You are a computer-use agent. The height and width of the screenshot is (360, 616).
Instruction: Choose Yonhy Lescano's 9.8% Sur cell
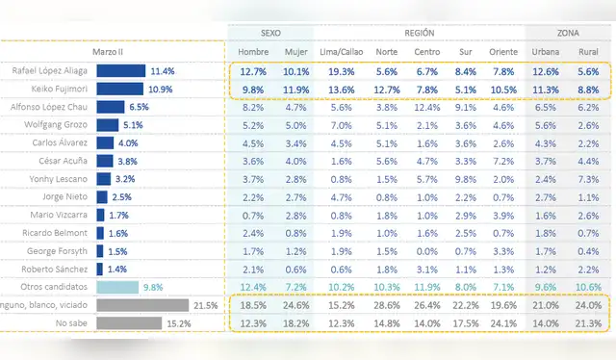click(x=466, y=179)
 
